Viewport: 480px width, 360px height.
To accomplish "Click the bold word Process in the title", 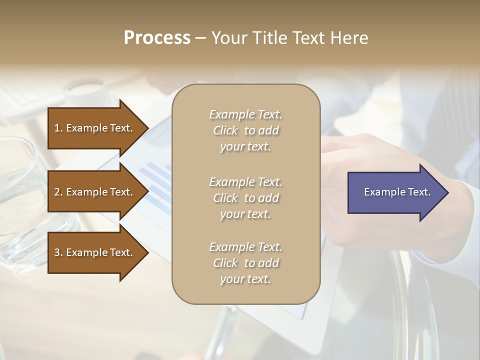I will coord(157,38).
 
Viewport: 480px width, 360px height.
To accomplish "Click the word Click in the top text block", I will coord(225,130).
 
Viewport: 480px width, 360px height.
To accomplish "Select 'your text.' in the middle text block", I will coord(245,214).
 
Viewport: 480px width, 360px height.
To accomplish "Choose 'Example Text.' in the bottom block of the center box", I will coord(245,247).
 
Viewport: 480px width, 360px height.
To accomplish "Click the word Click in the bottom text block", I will coord(225,263).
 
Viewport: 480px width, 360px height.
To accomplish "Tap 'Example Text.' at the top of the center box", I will coord(245,114).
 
